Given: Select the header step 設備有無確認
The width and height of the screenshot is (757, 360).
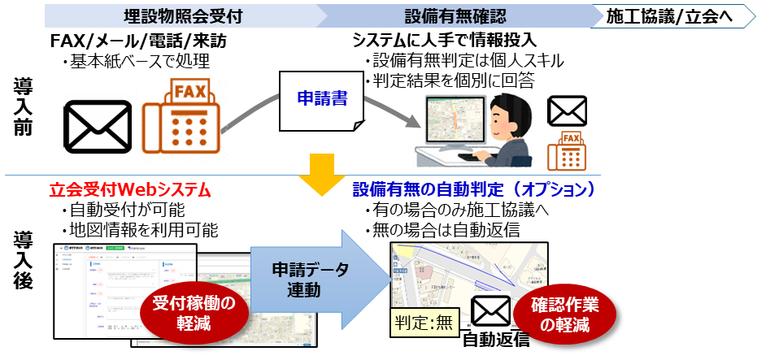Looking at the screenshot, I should pyautogui.click(x=455, y=16).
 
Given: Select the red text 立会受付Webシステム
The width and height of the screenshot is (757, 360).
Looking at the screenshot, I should pyautogui.click(x=130, y=190).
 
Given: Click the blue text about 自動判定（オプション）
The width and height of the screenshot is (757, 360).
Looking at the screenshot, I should pyautogui.click(x=475, y=190).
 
